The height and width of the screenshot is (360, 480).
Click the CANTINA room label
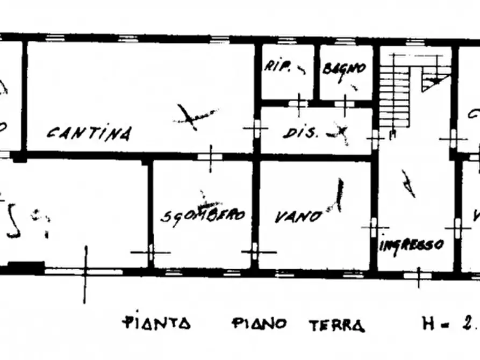click(88, 132)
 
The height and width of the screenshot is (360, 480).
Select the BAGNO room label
click(345, 69)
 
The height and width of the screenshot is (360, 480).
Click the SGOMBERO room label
click(204, 216)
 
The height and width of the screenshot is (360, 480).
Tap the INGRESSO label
click(412, 244)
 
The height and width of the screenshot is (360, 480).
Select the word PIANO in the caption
click(260, 323)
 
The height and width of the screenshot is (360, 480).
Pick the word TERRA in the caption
click(337, 325)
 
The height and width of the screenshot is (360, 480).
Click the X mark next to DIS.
click(340, 132)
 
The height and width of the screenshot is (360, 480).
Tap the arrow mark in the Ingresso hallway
click(409, 184)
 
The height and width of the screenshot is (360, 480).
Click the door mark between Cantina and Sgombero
click(210, 156)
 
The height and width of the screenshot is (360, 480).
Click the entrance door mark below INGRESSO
click(419, 276)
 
